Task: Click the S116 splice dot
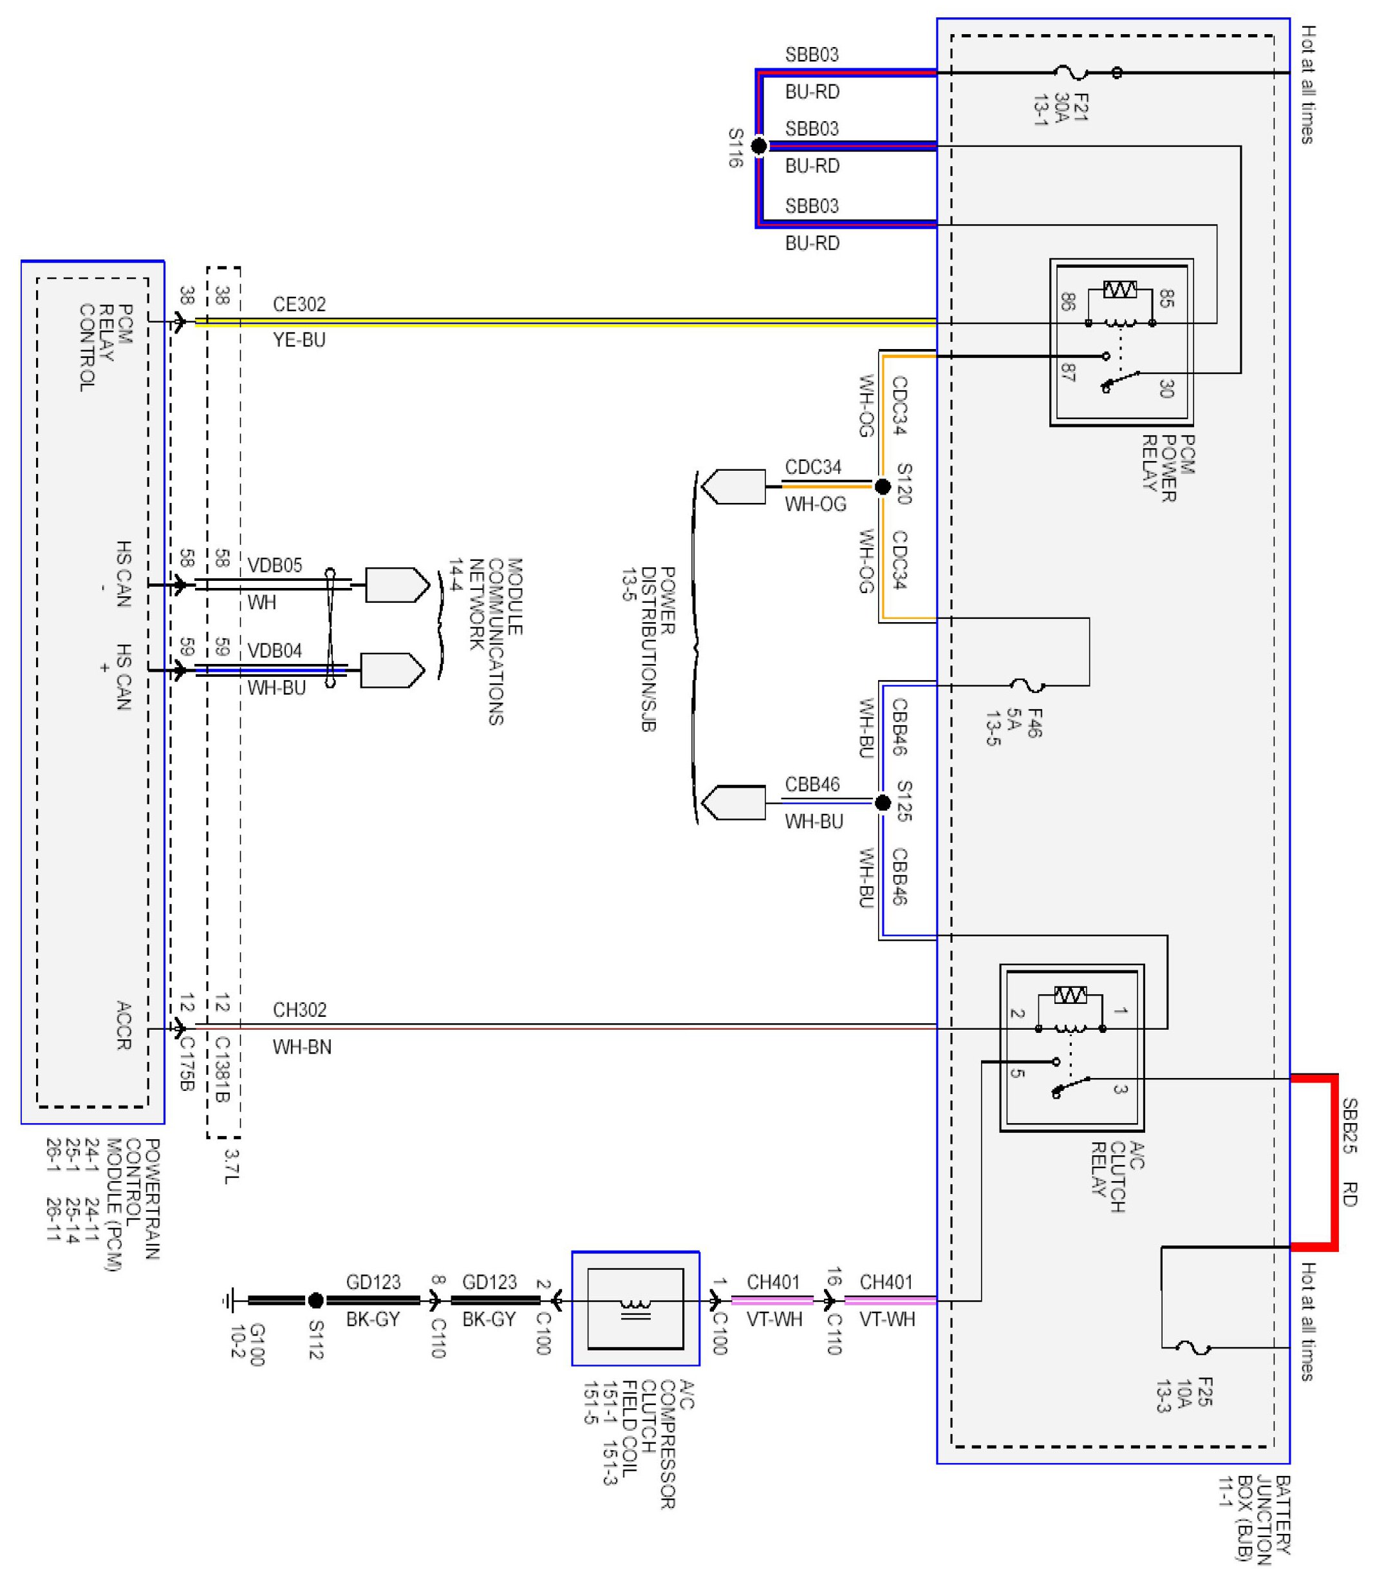click(758, 146)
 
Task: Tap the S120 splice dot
click(883, 486)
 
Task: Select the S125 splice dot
click(883, 802)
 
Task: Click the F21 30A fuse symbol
click(1072, 73)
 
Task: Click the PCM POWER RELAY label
click(1168, 468)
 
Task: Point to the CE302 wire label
click(299, 305)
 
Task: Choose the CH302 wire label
click(299, 1010)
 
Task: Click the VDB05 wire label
click(275, 566)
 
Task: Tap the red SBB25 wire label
click(1349, 1126)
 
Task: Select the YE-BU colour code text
click(299, 340)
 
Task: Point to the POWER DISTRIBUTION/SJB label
click(648, 649)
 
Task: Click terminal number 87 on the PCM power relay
click(1067, 373)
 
